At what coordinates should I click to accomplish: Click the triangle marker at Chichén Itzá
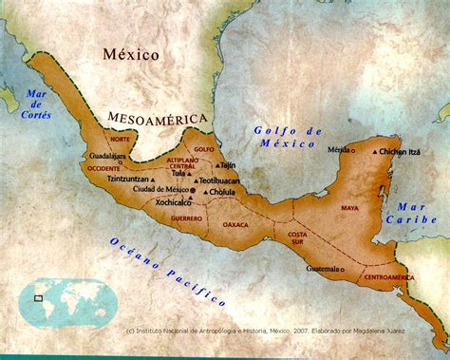375,152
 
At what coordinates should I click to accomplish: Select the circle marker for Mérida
355,151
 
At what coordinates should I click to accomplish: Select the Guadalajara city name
107,155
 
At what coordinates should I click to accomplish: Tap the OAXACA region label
235,225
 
